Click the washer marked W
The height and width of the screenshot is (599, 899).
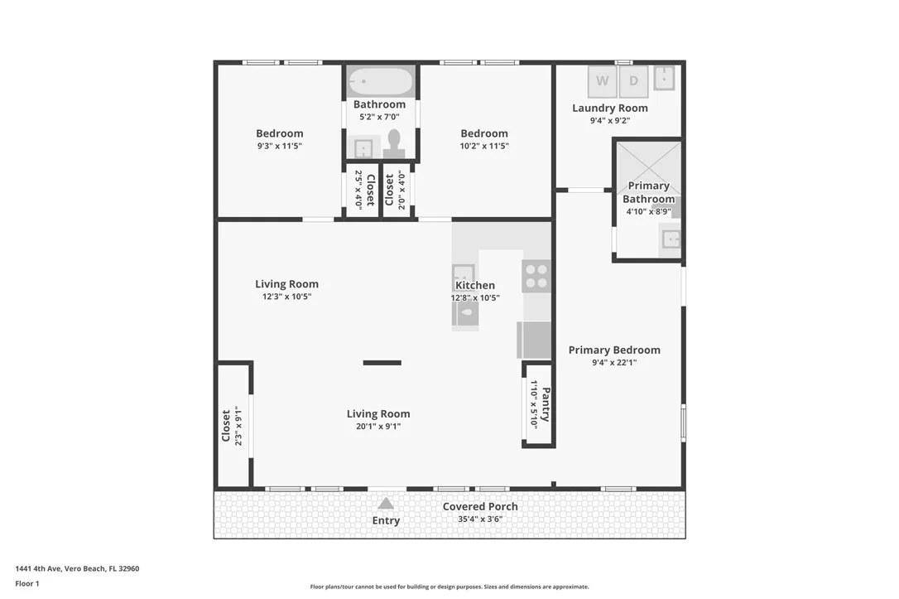[602, 81]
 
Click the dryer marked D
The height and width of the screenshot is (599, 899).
[633, 81]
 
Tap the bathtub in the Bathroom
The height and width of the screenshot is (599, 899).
[380, 81]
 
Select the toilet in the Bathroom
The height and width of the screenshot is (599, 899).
[394, 144]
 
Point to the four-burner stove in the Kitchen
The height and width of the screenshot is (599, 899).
[536, 276]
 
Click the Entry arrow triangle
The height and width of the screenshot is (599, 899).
[386, 503]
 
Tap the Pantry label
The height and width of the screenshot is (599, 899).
[546, 404]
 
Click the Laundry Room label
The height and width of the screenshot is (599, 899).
[610, 108]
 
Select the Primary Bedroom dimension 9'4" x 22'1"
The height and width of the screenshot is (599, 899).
[614, 363]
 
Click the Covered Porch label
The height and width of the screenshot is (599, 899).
[480, 507]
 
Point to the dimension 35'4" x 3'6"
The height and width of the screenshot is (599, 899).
[480, 519]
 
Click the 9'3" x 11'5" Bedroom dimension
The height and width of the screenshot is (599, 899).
[279, 146]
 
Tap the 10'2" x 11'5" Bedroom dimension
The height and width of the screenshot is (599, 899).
[484, 146]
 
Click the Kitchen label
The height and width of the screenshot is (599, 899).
[474, 285]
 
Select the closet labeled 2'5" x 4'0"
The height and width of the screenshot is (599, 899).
[363, 190]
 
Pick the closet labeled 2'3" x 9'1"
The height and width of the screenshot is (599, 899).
[233, 424]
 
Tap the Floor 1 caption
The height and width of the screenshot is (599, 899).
[27, 583]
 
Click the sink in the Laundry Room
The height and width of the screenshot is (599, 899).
[664, 78]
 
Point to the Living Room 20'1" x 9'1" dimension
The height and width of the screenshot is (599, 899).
[377, 427]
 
